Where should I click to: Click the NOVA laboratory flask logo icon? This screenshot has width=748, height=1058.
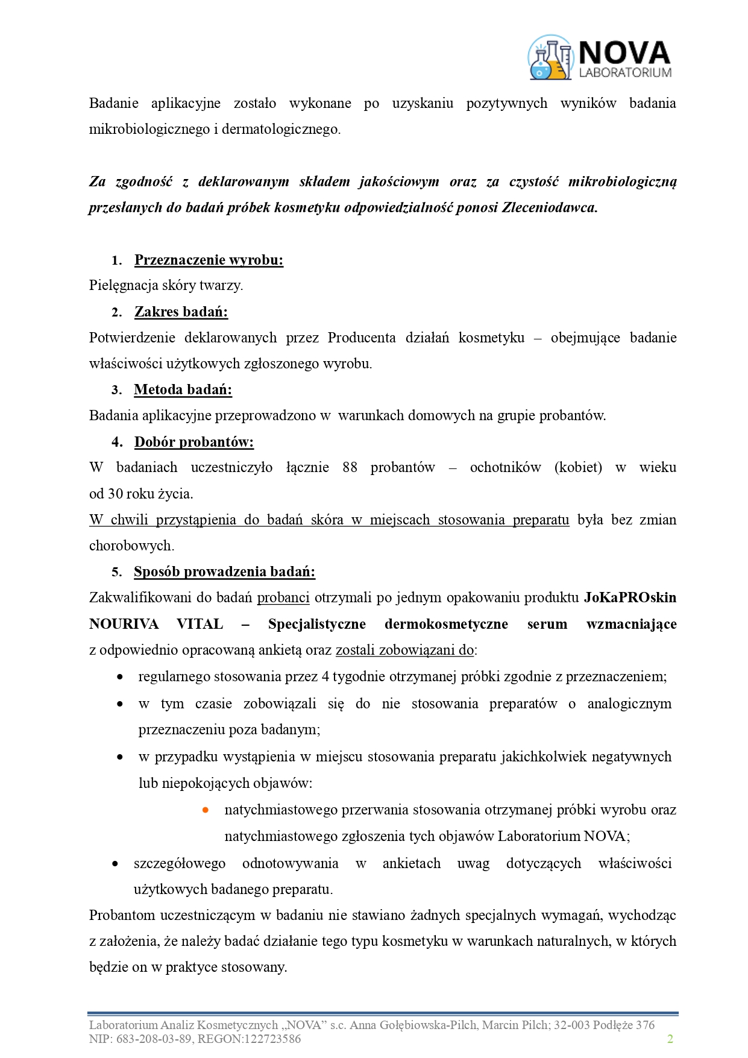click(550, 58)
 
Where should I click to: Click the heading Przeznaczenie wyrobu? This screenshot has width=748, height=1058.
click(209, 260)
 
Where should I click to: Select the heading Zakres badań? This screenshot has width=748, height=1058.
click(181, 312)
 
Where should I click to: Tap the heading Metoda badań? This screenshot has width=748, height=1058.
click(183, 389)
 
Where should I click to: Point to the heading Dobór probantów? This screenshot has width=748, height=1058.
click(193, 442)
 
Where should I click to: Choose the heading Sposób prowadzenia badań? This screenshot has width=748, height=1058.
click(224, 572)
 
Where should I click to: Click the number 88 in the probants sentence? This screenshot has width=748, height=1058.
click(350, 467)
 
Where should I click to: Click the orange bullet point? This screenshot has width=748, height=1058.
click(206, 810)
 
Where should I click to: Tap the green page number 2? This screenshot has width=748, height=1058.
click(670, 1039)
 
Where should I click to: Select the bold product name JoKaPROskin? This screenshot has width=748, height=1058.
click(630, 597)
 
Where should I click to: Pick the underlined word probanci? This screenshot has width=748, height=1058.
click(283, 597)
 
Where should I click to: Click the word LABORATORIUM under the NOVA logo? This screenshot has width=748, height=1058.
click(625, 72)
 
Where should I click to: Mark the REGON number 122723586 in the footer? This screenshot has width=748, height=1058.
click(271, 1039)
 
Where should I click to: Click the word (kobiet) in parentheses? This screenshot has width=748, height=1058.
click(578, 467)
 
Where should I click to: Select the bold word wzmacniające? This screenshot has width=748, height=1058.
click(631, 624)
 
